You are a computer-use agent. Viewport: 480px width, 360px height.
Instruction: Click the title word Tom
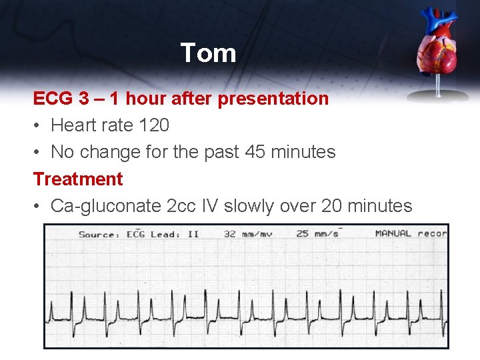point(208,53)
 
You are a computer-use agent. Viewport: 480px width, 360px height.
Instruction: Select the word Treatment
point(78,179)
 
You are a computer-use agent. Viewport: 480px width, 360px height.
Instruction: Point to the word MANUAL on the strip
point(393,233)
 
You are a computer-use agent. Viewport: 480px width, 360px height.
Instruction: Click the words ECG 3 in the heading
point(61,99)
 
